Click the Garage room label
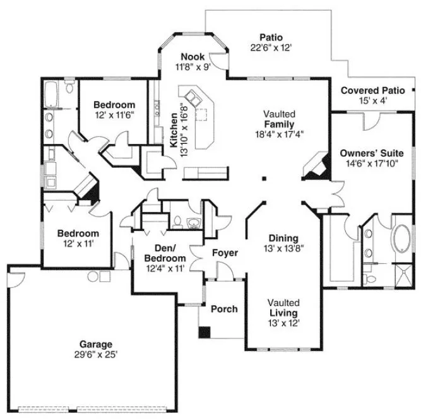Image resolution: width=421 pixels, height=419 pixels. [95, 344]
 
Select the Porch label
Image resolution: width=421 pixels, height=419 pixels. [223, 309]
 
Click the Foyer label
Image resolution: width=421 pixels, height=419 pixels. [225, 253]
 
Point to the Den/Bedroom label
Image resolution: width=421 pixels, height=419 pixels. [165, 254]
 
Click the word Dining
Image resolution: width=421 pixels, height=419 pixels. [283, 238]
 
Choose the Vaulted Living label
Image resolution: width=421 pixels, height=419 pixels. [282, 308]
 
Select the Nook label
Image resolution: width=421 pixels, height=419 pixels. [193, 57]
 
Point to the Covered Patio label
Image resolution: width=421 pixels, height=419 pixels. [372, 91]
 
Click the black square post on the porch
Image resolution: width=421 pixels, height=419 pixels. [205, 332]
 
